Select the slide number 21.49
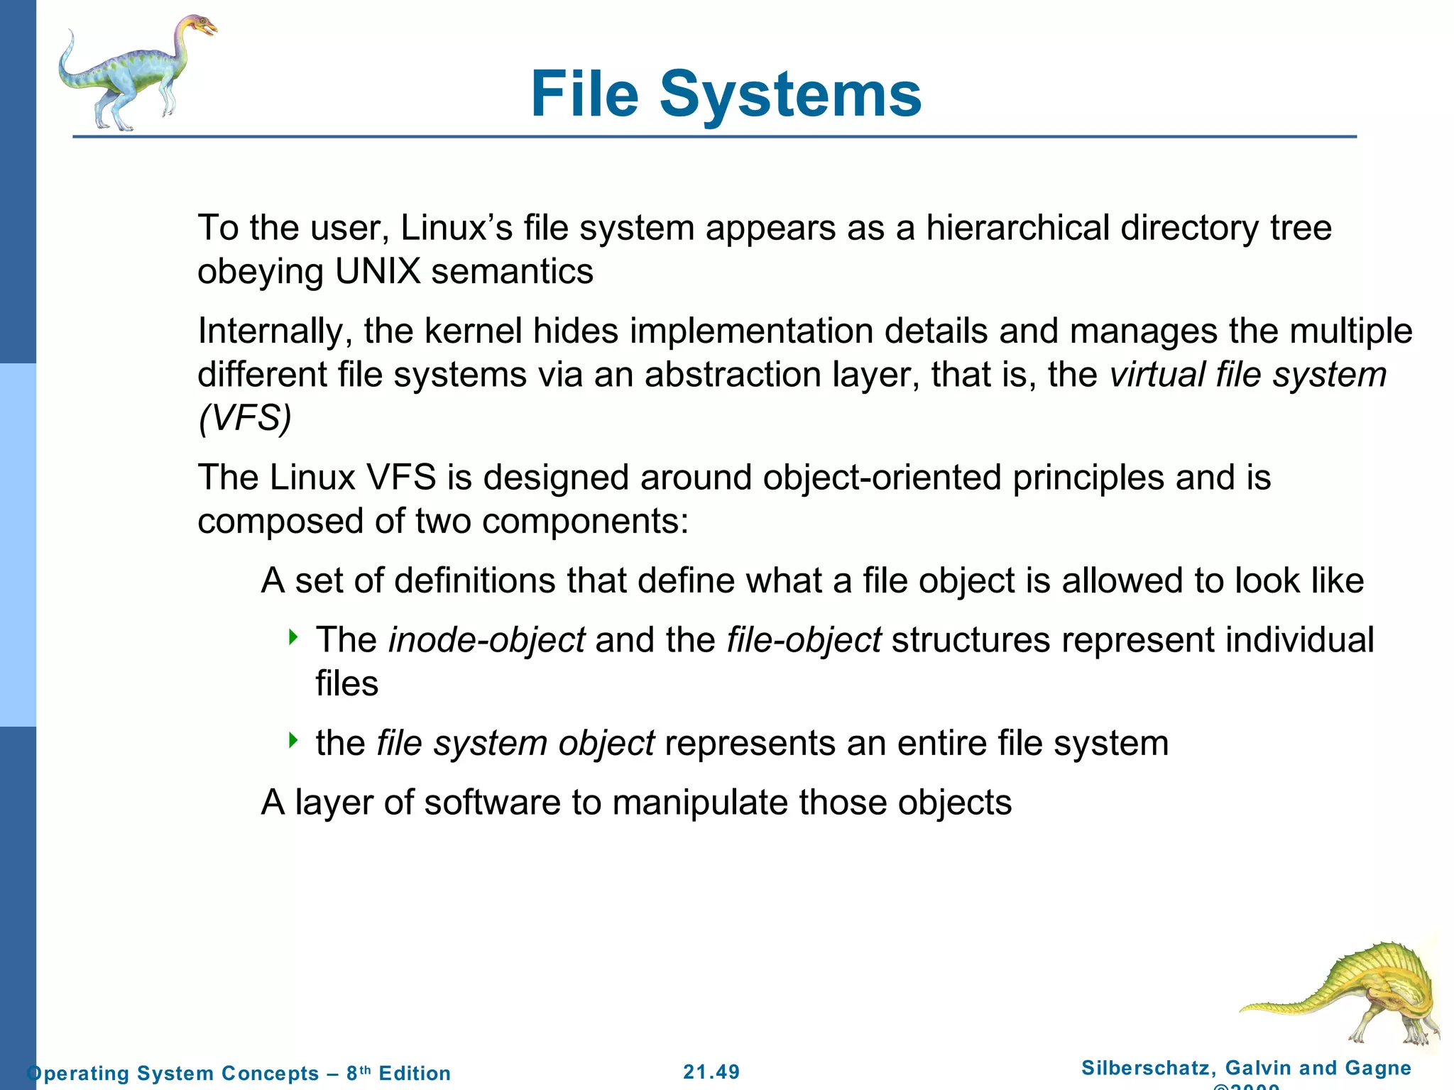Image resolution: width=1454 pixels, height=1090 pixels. coord(711,1072)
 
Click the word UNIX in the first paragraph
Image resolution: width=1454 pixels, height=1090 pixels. coord(378,272)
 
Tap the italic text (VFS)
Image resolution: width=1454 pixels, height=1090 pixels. coord(245,418)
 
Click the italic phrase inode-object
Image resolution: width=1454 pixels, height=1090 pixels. coord(487,640)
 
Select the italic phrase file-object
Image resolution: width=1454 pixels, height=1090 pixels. coord(804,640)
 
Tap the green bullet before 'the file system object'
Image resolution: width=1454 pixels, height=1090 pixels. coord(293,741)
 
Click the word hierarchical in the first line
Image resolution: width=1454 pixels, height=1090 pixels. coord(1018,229)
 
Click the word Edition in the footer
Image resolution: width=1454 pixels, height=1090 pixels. coord(415,1073)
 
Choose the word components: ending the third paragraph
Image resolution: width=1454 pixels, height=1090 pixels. coord(585,522)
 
